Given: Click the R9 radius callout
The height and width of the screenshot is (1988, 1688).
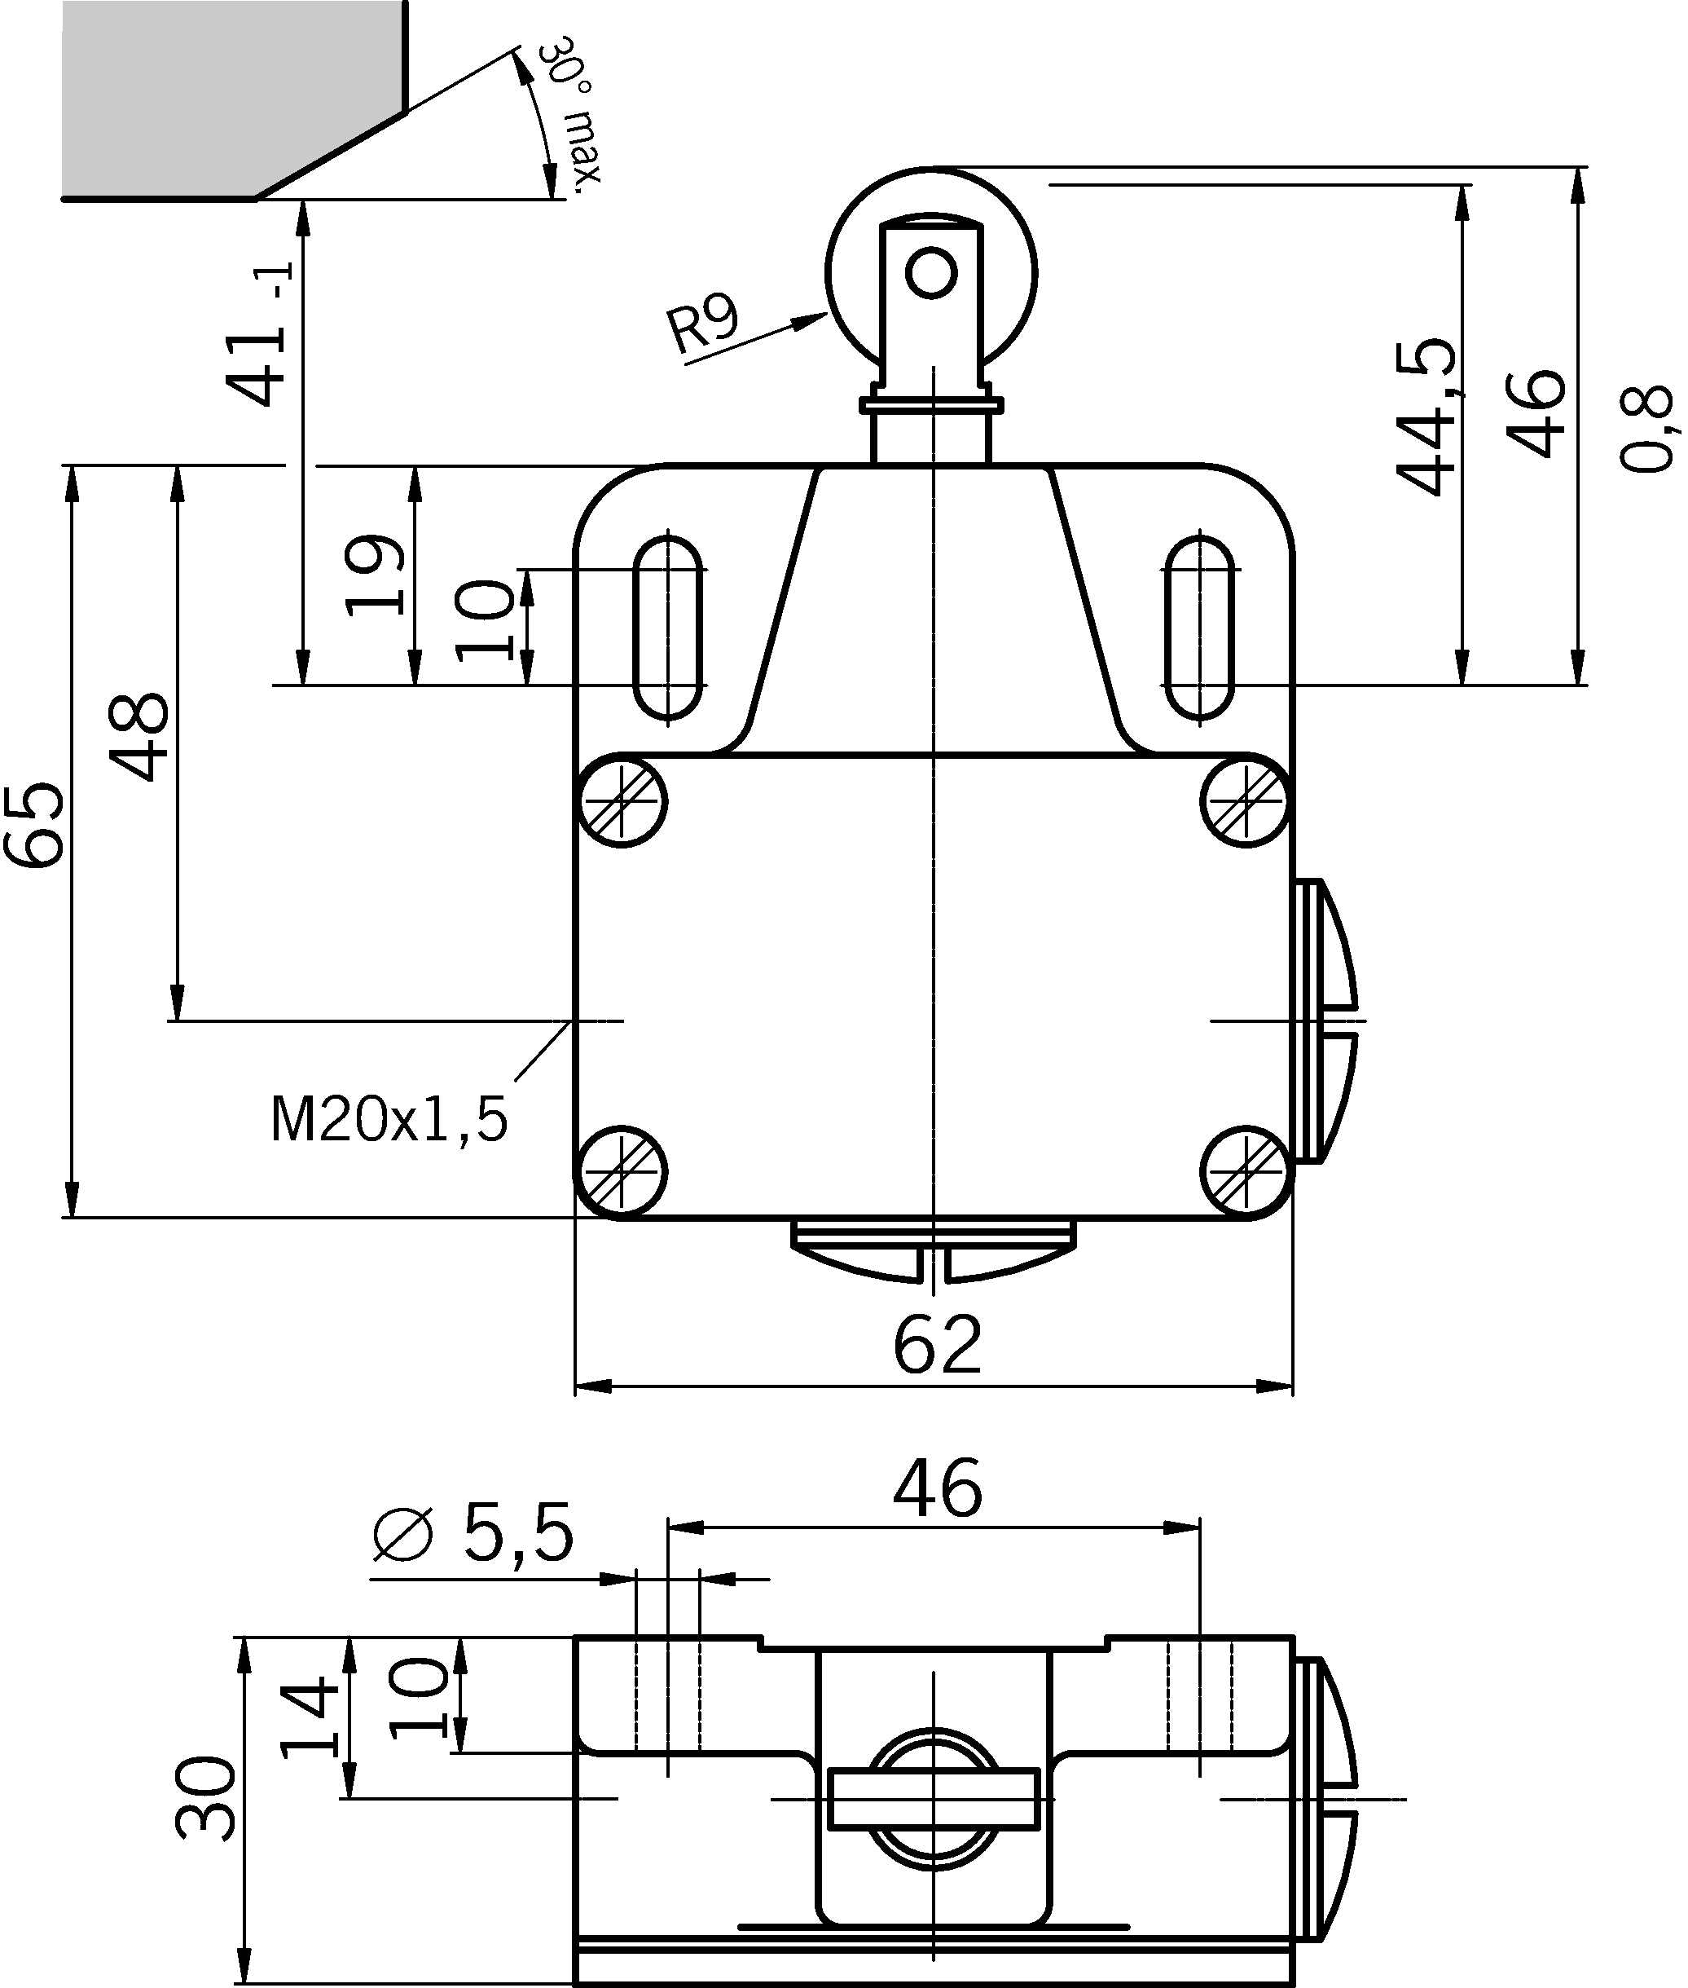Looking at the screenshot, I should click(x=703, y=324).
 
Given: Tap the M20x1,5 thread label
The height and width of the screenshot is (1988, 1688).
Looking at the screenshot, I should click(x=389, y=1120).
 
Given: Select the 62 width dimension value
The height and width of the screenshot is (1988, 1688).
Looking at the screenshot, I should click(x=937, y=1345).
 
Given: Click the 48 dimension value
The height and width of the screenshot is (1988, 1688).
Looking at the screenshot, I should click(x=139, y=737).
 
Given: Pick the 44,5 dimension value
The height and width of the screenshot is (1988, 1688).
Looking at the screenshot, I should click(x=1426, y=417).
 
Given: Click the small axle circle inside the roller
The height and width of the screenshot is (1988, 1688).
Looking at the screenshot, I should click(x=931, y=274).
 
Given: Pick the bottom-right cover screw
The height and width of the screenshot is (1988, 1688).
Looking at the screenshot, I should click(x=1245, y=1174).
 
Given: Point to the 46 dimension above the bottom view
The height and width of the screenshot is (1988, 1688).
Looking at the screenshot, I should click(x=937, y=1488).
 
